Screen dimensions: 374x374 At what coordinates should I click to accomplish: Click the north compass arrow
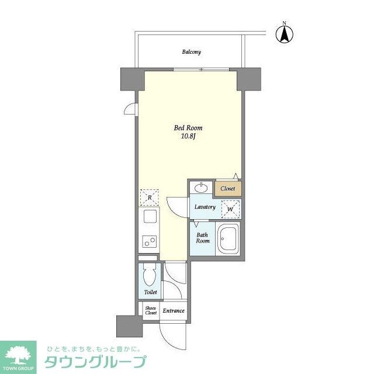click(285, 33)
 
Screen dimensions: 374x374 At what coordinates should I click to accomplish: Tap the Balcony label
click(191, 52)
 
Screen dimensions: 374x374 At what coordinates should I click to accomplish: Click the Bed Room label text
click(188, 127)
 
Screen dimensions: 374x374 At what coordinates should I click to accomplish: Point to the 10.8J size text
click(188, 137)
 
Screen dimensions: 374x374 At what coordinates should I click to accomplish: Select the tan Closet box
click(228, 189)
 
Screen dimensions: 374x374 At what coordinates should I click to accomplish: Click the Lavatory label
click(205, 207)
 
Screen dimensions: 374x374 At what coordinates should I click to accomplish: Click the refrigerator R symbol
click(149, 198)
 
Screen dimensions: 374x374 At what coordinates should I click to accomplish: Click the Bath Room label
click(202, 237)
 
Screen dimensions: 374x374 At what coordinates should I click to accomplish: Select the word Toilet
click(150, 292)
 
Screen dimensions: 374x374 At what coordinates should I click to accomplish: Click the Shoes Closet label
click(151, 310)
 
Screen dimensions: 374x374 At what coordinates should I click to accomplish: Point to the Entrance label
click(173, 311)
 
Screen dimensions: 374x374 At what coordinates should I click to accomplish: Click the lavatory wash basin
click(201, 188)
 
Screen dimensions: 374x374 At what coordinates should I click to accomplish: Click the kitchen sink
click(148, 218)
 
